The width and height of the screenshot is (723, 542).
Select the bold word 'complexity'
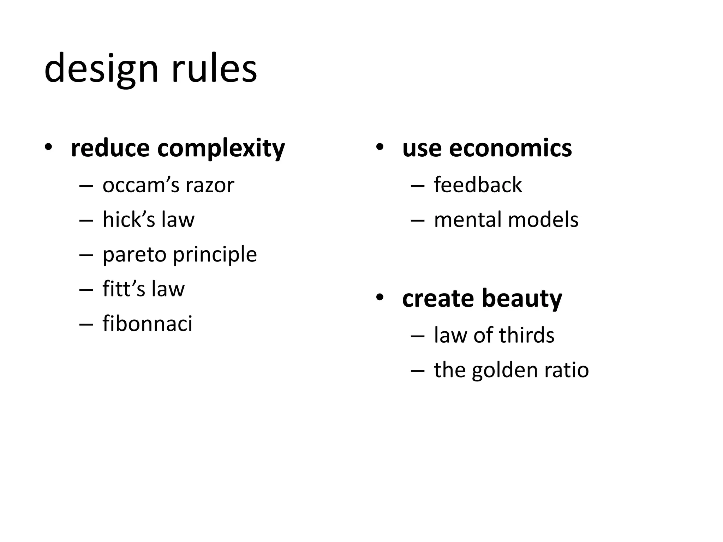pyautogui.click(x=221, y=149)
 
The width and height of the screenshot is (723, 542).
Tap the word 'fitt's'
pyautogui.click(x=124, y=289)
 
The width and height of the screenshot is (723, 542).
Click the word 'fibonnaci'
pyautogui.click(x=148, y=323)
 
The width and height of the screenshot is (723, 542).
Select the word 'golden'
pyautogui.click(x=505, y=370)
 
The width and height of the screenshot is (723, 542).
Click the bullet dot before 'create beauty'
pyautogui.click(x=380, y=297)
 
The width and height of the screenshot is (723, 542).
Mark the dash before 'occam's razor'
pyautogui.click(x=86, y=186)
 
